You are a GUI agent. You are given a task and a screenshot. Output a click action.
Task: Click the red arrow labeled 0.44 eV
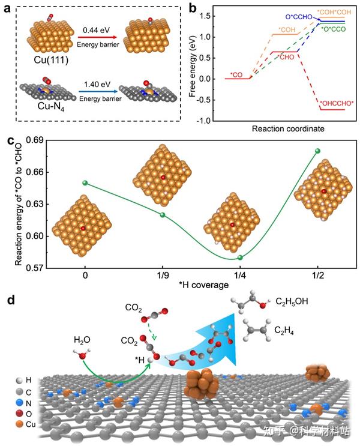[97, 37]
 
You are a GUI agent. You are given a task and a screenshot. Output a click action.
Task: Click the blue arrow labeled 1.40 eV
[98, 92]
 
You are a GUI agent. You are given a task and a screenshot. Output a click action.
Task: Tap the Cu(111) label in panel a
[51, 60]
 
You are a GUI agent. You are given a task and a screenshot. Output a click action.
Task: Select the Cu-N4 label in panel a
[51, 106]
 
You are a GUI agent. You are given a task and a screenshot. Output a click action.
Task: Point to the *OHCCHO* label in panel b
[337, 103]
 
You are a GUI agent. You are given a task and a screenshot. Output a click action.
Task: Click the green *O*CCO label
[333, 29]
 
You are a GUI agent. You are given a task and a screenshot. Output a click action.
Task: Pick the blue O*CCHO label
[299, 17]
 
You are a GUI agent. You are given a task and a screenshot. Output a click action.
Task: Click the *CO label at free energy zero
[236, 75]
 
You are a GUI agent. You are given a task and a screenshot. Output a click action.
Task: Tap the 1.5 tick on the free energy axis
[205, 16]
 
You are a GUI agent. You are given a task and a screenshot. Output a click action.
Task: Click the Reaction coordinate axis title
[288, 129]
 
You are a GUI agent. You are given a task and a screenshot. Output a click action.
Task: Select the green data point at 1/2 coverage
[317, 151]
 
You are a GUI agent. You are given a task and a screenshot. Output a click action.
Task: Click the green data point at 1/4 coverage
[240, 258]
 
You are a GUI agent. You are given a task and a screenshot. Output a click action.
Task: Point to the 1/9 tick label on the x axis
[163, 275]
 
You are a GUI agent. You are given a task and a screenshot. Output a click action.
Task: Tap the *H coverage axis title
[203, 285]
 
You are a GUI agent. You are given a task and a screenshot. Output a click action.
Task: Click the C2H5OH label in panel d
[292, 302]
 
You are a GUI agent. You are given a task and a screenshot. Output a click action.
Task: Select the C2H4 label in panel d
[284, 331]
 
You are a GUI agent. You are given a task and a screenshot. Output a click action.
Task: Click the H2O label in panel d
[82, 340]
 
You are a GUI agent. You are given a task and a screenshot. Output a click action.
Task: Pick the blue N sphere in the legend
[19, 403]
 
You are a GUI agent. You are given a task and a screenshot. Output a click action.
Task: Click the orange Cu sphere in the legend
[19, 424]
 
